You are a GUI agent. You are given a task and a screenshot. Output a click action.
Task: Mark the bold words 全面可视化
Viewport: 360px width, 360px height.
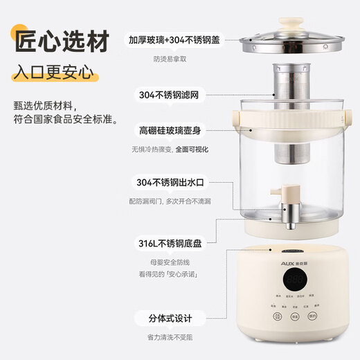[192, 149]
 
